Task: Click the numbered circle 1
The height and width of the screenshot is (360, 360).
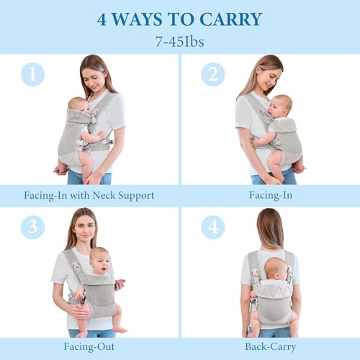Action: [32, 74]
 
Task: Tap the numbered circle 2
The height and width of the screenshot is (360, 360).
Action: [213, 74]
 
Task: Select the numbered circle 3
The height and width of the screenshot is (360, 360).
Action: [32, 227]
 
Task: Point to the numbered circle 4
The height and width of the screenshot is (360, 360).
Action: [213, 227]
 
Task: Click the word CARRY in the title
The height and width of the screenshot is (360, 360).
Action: [230, 19]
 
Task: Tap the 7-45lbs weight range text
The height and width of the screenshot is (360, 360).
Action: [180, 42]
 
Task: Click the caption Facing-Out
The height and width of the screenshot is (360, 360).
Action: [89, 346]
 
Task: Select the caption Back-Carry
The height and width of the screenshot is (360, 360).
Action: [271, 347]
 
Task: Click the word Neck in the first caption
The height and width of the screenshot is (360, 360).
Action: [104, 195]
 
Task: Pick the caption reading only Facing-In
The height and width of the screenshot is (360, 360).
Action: [271, 195]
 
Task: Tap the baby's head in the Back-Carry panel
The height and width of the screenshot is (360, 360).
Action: [276, 268]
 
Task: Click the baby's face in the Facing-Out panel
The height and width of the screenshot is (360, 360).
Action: [100, 264]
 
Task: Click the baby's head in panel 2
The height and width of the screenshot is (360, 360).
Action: [280, 106]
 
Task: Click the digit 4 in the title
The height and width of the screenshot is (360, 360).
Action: [102, 19]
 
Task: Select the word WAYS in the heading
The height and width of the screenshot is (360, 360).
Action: [137, 19]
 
